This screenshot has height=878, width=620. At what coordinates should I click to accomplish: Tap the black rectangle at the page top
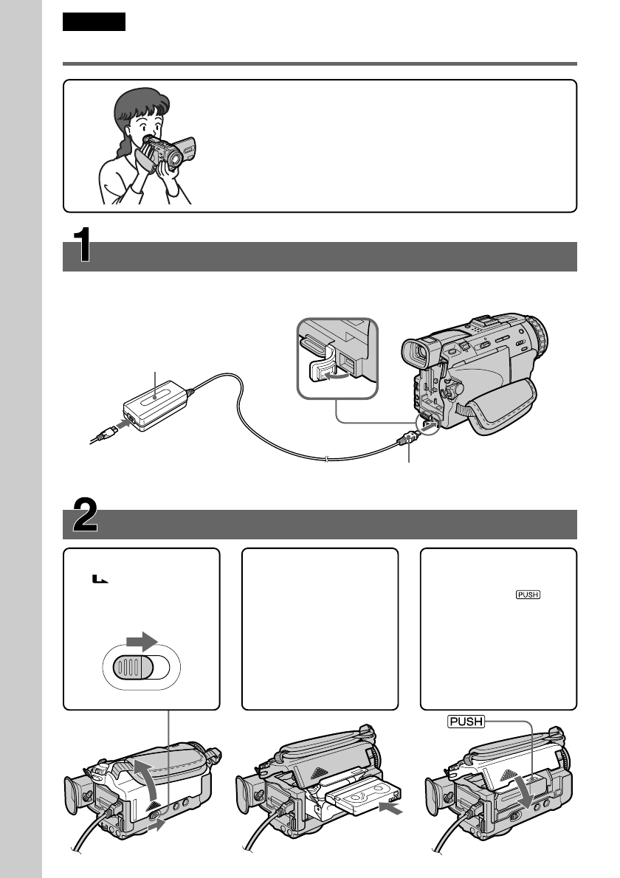coord(94,22)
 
